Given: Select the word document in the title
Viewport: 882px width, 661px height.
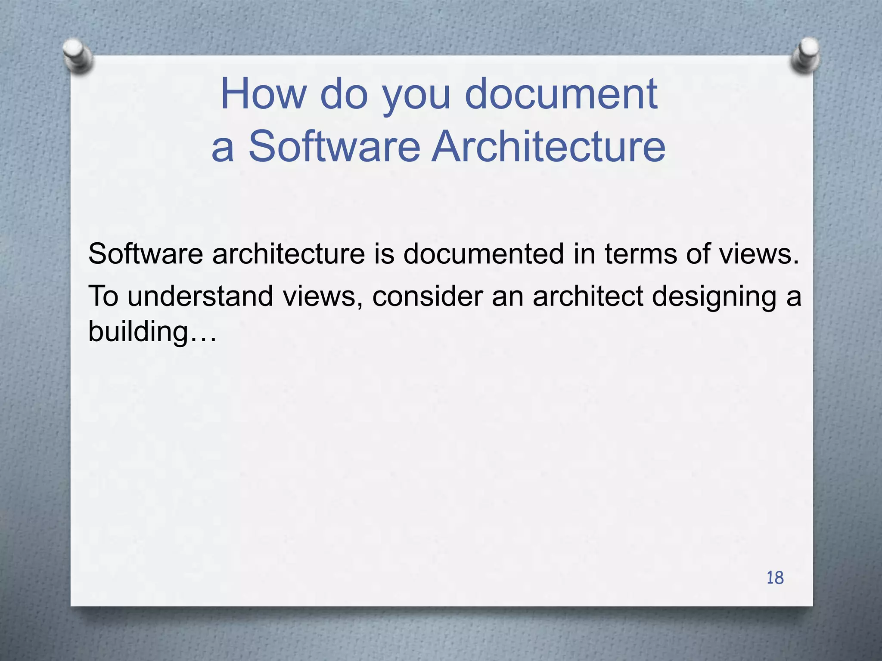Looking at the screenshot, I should [561, 93].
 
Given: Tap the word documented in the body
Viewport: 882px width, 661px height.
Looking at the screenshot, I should [483, 253].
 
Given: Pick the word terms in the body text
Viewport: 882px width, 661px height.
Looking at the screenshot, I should [641, 253].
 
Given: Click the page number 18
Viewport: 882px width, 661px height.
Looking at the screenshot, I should [775, 578].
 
